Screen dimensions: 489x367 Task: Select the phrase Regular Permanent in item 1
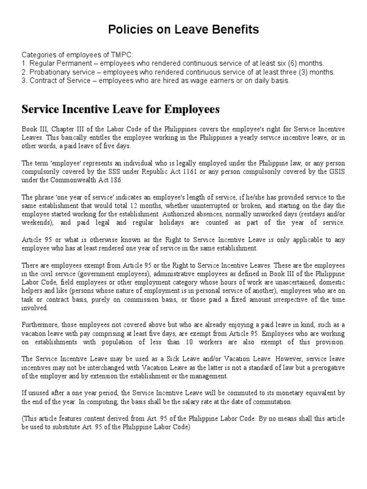pyautogui.click(x=57, y=64)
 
